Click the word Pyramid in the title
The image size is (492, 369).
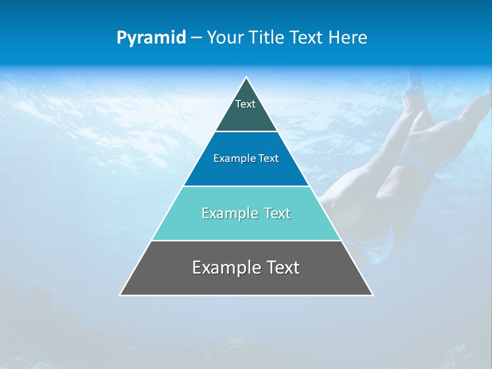click(x=151, y=38)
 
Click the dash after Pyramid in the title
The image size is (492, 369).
click(x=196, y=38)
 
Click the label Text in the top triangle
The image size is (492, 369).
click(x=245, y=104)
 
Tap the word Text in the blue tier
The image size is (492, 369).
click(x=269, y=158)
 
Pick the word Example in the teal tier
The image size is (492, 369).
click(x=229, y=213)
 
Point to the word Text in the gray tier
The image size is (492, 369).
click(x=281, y=268)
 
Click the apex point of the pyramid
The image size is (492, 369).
click(x=246, y=78)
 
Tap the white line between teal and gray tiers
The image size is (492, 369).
click(x=246, y=240)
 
